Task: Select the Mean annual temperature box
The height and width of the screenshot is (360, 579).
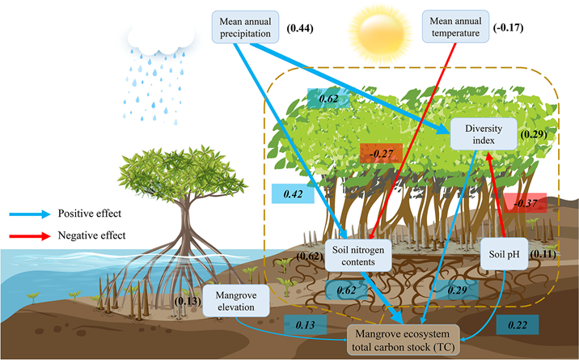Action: pyautogui.click(x=457, y=26)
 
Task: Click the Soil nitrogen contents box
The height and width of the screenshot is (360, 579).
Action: pyautogui.click(x=357, y=255)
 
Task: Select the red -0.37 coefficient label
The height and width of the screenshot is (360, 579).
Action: pyautogui.click(x=524, y=203)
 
